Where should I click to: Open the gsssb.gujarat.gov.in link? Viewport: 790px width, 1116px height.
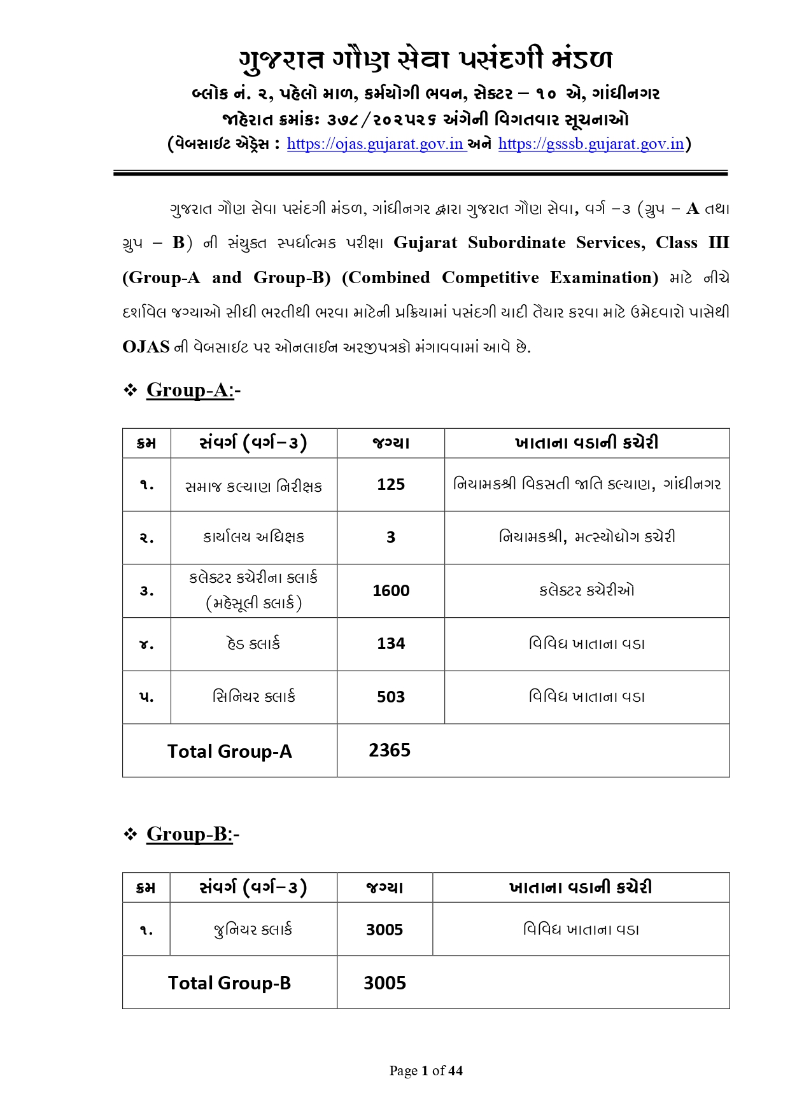(x=591, y=144)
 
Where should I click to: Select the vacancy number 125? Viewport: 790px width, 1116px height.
(x=391, y=485)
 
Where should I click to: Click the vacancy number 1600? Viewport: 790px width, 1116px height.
(x=391, y=591)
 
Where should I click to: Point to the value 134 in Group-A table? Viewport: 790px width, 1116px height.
(x=391, y=644)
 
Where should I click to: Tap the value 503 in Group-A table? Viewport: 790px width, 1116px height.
(x=391, y=697)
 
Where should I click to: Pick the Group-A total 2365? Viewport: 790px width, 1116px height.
(x=390, y=751)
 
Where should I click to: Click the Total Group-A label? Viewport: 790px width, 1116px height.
(x=229, y=751)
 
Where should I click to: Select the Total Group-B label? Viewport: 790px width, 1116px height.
(x=229, y=983)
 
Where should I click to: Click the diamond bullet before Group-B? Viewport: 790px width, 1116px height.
(x=130, y=834)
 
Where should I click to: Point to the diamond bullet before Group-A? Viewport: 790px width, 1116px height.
(x=130, y=390)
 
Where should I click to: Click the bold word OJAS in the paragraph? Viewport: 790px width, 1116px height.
(x=146, y=347)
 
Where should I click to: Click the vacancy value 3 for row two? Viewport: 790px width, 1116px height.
(x=391, y=538)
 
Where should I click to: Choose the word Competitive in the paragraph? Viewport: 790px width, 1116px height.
(x=490, y=278)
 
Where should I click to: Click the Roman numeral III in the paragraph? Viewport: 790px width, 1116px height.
(x=719, y=243)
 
